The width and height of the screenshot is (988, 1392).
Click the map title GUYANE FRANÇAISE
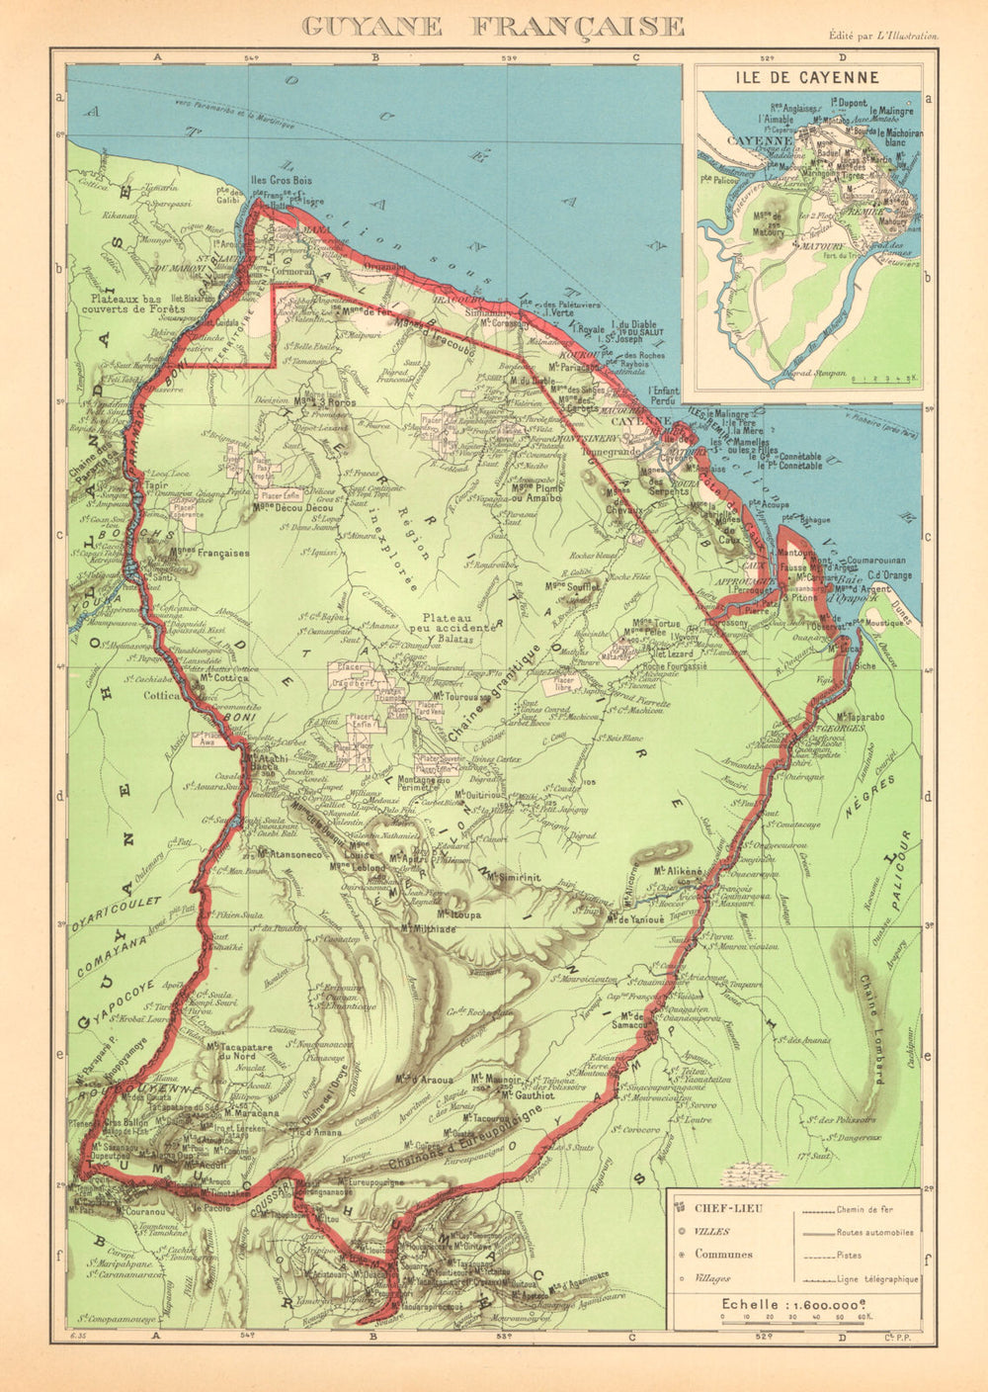pyautogui.click(x=493, y=26)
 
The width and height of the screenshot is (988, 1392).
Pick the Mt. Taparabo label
pyautogui.click(x=858, y=716)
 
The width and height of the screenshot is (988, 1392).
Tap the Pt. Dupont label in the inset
pyautogui.click(x=846, y=102)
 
